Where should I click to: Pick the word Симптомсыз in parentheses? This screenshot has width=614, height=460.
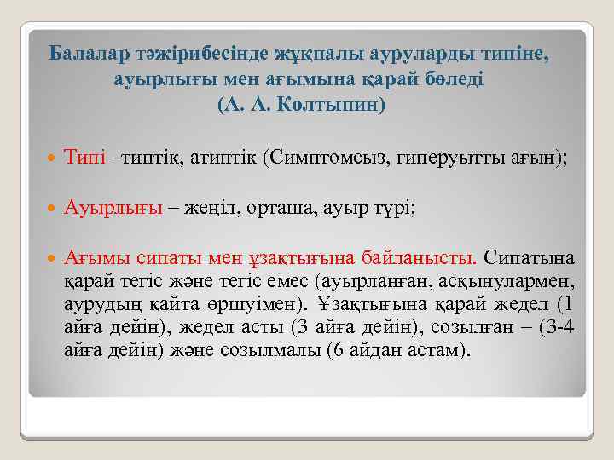pyautogui.click(x=318, y=158)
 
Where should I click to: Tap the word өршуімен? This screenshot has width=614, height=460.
pyautogui.click(x=253, y=304)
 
